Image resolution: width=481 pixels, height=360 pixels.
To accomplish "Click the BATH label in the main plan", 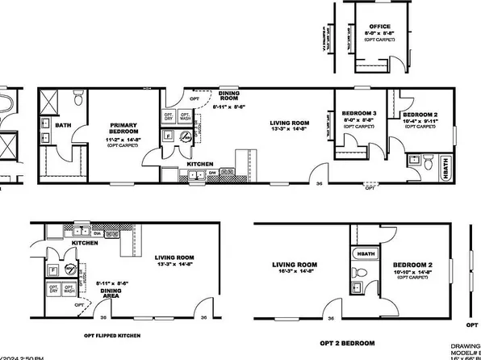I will (x=63, y=125).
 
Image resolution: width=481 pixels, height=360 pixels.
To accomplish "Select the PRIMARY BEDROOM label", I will (x=125, y=129).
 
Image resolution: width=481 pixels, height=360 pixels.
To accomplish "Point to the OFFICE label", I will (x=379, y=26).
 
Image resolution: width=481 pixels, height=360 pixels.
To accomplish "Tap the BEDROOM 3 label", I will (x=359, y=113).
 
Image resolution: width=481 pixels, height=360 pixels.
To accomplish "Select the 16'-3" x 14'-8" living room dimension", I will (x=295, y=274).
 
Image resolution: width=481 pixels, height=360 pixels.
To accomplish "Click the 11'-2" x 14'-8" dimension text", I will (x=125, y=140).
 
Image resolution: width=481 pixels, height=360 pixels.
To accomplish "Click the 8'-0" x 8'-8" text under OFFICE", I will (x=379, y=33).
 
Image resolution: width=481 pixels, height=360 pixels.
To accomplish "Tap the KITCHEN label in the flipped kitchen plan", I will (x=85, y=242).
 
